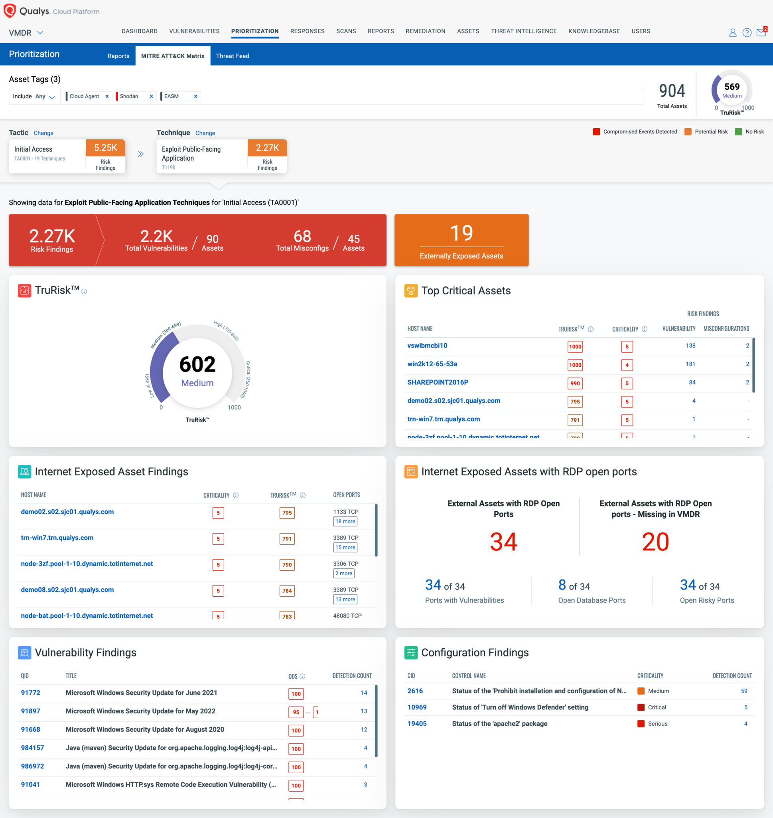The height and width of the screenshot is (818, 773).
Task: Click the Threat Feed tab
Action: pyautogui.click(x=233, y=56)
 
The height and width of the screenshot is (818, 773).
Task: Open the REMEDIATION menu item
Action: pyautogui.click(x=425, y=31)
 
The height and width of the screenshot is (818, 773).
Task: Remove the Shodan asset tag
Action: pyautogui.click(x=151, y=97)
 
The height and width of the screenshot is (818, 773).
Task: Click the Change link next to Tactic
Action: pyautogui.click(x=43, y=133)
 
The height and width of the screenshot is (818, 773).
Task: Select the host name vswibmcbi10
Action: pyautogui.click(x=427, y=345)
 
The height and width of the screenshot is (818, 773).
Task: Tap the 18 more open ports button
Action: pyautogui.click(x=345, y=521)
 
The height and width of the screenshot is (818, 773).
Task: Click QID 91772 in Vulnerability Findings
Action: pyautogui.click(x=30, y=693)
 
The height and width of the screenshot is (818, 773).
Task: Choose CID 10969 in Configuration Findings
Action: pyautogui.click(x=416, y=707)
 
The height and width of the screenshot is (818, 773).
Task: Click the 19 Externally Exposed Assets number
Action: pyautogui.click(x=461, y=233)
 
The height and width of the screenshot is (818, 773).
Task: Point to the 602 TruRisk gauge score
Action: pyautogui.click(x=197, y=365)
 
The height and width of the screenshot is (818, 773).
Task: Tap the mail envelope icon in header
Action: pyautogui.click(x=761, y=33)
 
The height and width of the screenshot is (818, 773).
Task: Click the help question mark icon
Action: pyautogui.click(x=747, y=33)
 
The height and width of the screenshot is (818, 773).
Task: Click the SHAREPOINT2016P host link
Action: pyautogui.click(x=438, y=382)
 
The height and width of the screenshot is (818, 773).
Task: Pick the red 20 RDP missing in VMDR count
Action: pyautogui.click(x=655, y=542)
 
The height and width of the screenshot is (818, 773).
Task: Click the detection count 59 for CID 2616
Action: pyautogui.click(x=744, y=691)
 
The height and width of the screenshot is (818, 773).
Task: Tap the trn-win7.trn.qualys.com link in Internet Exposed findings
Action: pyautogui.click(x=57, y=538)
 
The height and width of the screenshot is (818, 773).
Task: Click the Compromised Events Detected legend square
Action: pyautogui.click(x=596, y=132)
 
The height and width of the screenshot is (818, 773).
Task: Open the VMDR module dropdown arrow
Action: pyautogui.click(x=40, y=33)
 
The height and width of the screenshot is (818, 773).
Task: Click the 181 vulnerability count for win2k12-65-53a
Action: pyautogui.click(x=690, y=364)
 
